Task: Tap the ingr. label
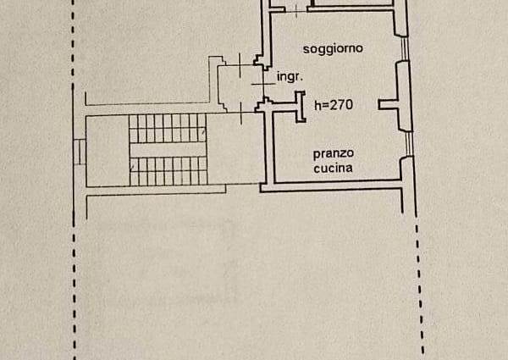(x=290, y=76)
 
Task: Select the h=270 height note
(x=333, y=106)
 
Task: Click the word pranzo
(x=333, y=153)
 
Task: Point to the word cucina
(x=333, y=169)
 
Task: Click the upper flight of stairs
(x=167, y=129)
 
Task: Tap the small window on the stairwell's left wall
(x=79, y=152)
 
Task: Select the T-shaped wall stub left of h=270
(x=299, y=107)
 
